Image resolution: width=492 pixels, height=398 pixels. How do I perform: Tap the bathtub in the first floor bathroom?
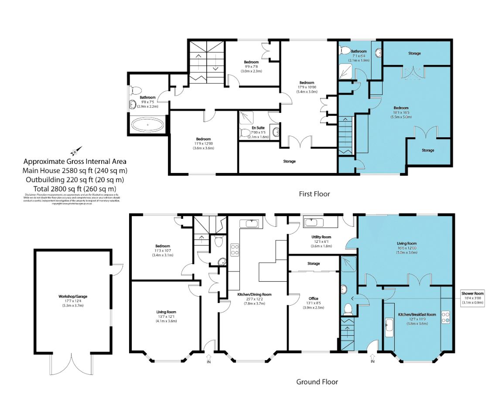coord(148,126)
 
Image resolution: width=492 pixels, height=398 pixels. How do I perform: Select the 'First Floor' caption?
coord(314,194)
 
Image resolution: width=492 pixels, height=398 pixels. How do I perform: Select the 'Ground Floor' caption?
coord(317,382)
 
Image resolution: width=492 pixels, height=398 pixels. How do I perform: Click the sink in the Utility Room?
coord(311,223)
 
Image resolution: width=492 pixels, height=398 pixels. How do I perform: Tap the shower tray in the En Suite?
coord(247,117)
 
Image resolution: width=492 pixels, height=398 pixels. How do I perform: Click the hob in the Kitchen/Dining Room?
coord(234,250)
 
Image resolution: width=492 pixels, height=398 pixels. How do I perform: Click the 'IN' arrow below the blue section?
coord(372,359)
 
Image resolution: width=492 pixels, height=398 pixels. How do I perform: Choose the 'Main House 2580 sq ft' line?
coord(75,170)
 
